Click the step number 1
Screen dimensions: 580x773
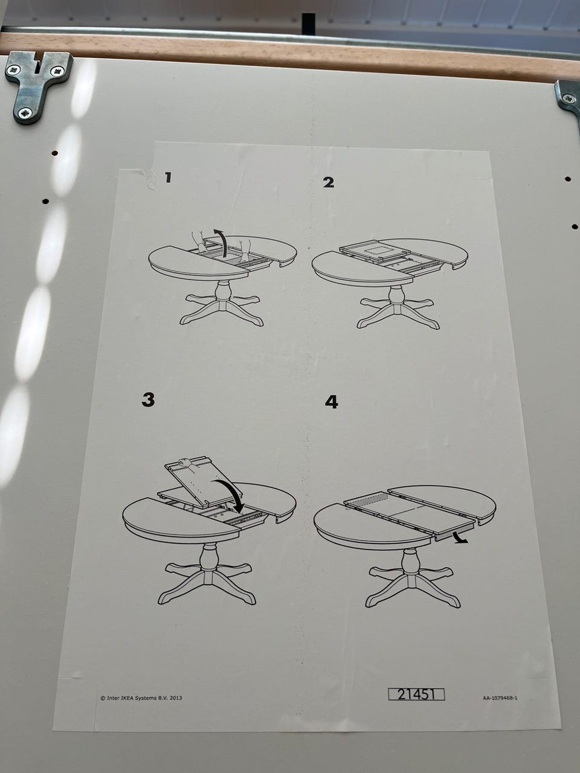click(x=169, y=177)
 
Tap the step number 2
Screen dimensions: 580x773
click(x=329, y=182)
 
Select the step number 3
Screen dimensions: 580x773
click(x=148, y=400)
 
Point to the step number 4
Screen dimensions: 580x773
click(x=331, y=402)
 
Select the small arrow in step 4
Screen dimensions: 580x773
click(x=460, y=537)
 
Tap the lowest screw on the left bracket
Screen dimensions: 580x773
click(x=26, y=114)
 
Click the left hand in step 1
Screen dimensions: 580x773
click(x=199, y=240)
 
